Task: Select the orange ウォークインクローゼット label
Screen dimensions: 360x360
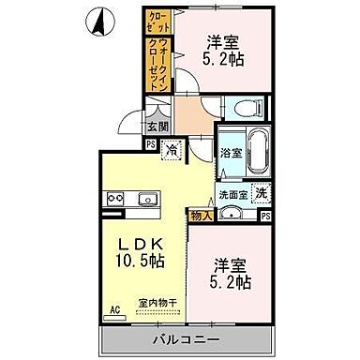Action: click(157, 64)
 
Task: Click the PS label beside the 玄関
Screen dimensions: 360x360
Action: click(151, 143)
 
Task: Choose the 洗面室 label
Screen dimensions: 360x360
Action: click(232, 194)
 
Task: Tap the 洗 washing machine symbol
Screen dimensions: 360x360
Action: click(262, 193)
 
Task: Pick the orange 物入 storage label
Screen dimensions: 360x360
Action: click(202, 216)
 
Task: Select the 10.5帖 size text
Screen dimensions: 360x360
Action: click(138, 260)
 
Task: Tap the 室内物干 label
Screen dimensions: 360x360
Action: click(157, 302)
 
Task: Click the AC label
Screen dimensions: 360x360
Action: click(117, 307)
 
